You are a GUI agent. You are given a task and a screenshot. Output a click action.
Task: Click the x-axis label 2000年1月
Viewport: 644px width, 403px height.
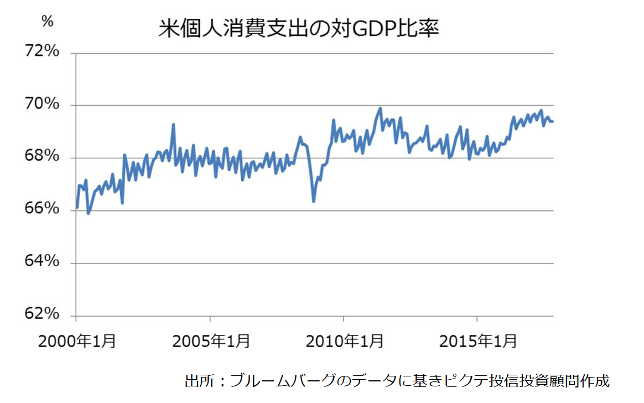[x=77, y=340]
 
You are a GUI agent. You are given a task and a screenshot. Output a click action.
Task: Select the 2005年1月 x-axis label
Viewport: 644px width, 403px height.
[x=211, y=340]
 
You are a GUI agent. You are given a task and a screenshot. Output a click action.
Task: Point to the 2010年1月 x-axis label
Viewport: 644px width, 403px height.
[x=344, y=340]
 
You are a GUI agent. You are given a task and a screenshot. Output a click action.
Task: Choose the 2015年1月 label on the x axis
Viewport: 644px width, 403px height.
[x=478, y=340]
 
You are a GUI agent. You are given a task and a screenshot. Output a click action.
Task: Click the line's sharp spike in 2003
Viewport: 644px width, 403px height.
[x=173, y=125]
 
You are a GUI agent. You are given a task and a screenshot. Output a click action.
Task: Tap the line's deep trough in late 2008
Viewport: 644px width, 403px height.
[x=314, y=201]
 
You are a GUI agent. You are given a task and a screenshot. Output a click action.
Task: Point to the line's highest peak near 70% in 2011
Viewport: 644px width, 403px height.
[x=380, y=108]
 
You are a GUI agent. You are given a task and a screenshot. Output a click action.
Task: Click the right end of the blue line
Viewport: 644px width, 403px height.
[x=553, y=121]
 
